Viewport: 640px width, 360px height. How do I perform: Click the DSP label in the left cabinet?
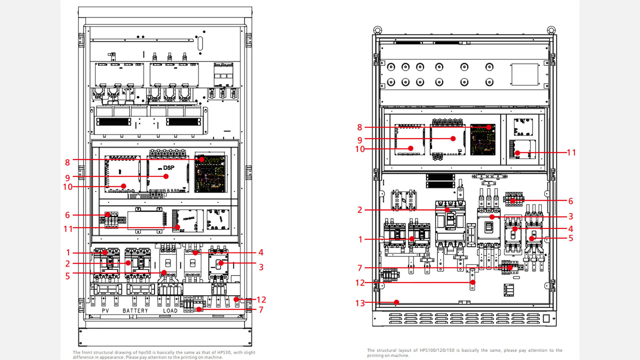(168, 168)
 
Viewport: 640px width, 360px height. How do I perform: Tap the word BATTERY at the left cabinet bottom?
(135, 310)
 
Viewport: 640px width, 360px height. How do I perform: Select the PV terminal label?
(105, 310)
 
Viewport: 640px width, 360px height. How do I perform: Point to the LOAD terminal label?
(170, 310)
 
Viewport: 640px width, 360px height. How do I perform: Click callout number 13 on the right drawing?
(360, 302)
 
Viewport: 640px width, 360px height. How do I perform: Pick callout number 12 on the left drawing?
(261, 299)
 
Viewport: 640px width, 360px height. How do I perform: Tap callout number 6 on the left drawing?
(67, 215)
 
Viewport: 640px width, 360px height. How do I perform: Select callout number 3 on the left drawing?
(261, 267)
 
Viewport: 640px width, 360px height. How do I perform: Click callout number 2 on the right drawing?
(360, 210)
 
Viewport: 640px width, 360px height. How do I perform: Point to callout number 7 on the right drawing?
(360, 268)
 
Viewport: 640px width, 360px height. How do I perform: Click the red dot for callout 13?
(396, 302)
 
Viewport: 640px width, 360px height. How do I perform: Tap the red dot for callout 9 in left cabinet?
(167, 176)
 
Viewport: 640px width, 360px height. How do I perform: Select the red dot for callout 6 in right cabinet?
(511, 201)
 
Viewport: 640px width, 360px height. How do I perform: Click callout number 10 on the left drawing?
(68, 187)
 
